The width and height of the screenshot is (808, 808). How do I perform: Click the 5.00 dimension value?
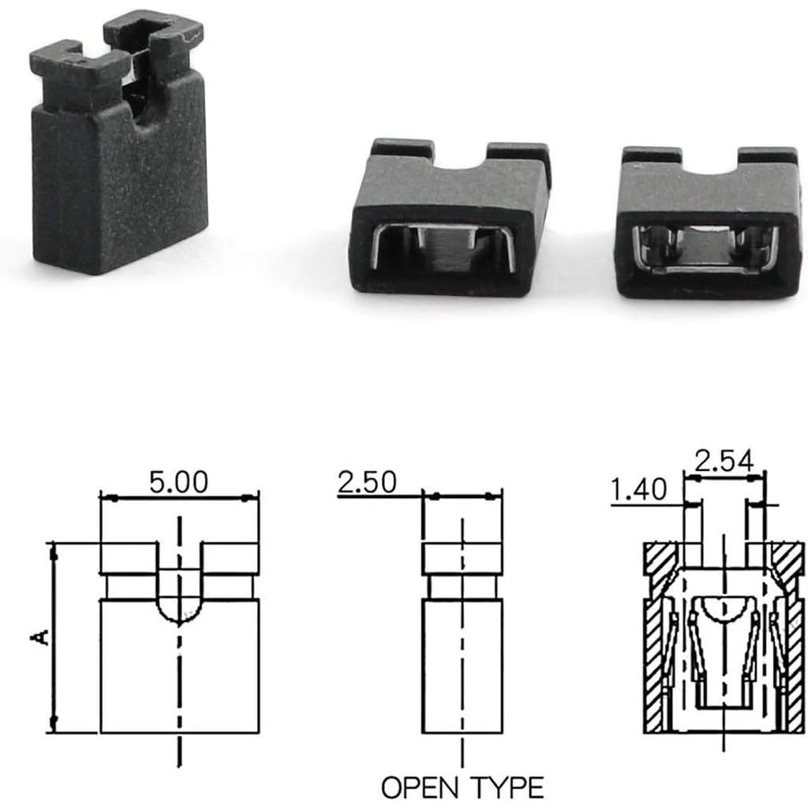click(179, 482)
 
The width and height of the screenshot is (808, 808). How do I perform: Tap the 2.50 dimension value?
click(368, 482)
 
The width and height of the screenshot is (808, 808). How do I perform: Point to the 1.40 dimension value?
click(639, 489)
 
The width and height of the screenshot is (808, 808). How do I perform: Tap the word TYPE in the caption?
click(507, 787)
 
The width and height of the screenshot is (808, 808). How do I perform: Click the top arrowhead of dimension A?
click(53, 555)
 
